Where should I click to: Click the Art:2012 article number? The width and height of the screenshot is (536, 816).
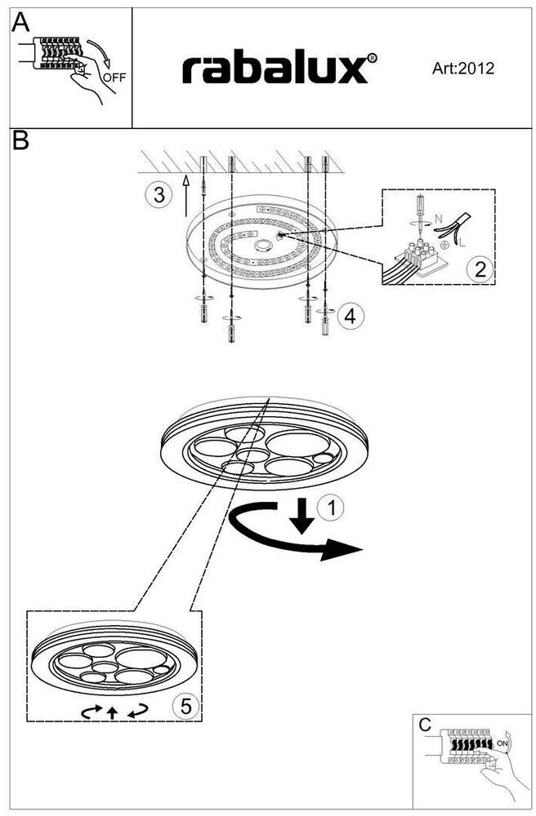tap(463, 69)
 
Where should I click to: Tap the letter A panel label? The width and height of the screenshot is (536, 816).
tap(21, 23)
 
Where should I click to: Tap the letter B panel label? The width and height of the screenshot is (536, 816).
tap(21, 140)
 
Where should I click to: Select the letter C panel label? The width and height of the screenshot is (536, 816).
tap(424, 724)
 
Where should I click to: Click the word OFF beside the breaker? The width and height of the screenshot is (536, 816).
tap(114, 78)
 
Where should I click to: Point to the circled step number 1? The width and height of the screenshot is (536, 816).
tap(331, 508)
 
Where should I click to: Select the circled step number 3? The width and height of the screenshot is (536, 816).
tap(159, 194)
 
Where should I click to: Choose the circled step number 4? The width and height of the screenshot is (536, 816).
tap(350, 316)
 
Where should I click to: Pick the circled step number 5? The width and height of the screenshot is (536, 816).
tap(186, 707)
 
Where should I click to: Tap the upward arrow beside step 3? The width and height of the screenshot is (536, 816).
tap(185, 193)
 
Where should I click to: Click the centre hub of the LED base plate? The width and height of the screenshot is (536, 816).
tap(264, 244)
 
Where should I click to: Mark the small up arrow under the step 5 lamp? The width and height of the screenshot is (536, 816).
tap(112, 712)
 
